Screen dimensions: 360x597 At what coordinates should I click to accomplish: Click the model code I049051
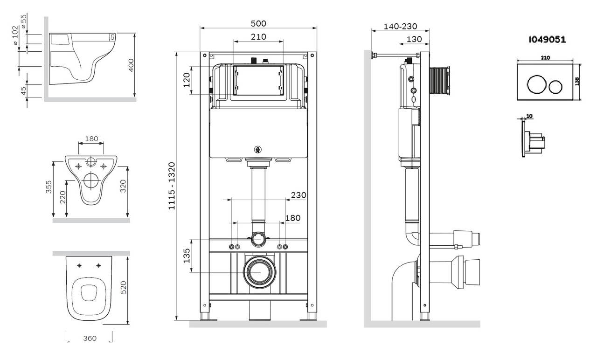(547, 40)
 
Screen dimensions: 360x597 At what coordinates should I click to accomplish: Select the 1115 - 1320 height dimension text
(172, 186)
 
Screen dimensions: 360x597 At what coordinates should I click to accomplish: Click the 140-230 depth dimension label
(400, 27)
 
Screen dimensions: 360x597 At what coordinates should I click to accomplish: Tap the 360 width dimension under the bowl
(88, 338)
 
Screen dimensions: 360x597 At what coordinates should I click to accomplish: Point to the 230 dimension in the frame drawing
(298, 195)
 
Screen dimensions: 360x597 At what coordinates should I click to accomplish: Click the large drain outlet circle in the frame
(258, 271)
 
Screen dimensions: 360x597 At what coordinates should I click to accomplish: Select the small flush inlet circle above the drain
(258, 240)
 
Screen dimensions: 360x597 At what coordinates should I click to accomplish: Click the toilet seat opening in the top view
(89, 293)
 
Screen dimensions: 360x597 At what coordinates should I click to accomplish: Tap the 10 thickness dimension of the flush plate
(528, 116)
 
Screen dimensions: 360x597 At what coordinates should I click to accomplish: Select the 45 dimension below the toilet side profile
(24, 91)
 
